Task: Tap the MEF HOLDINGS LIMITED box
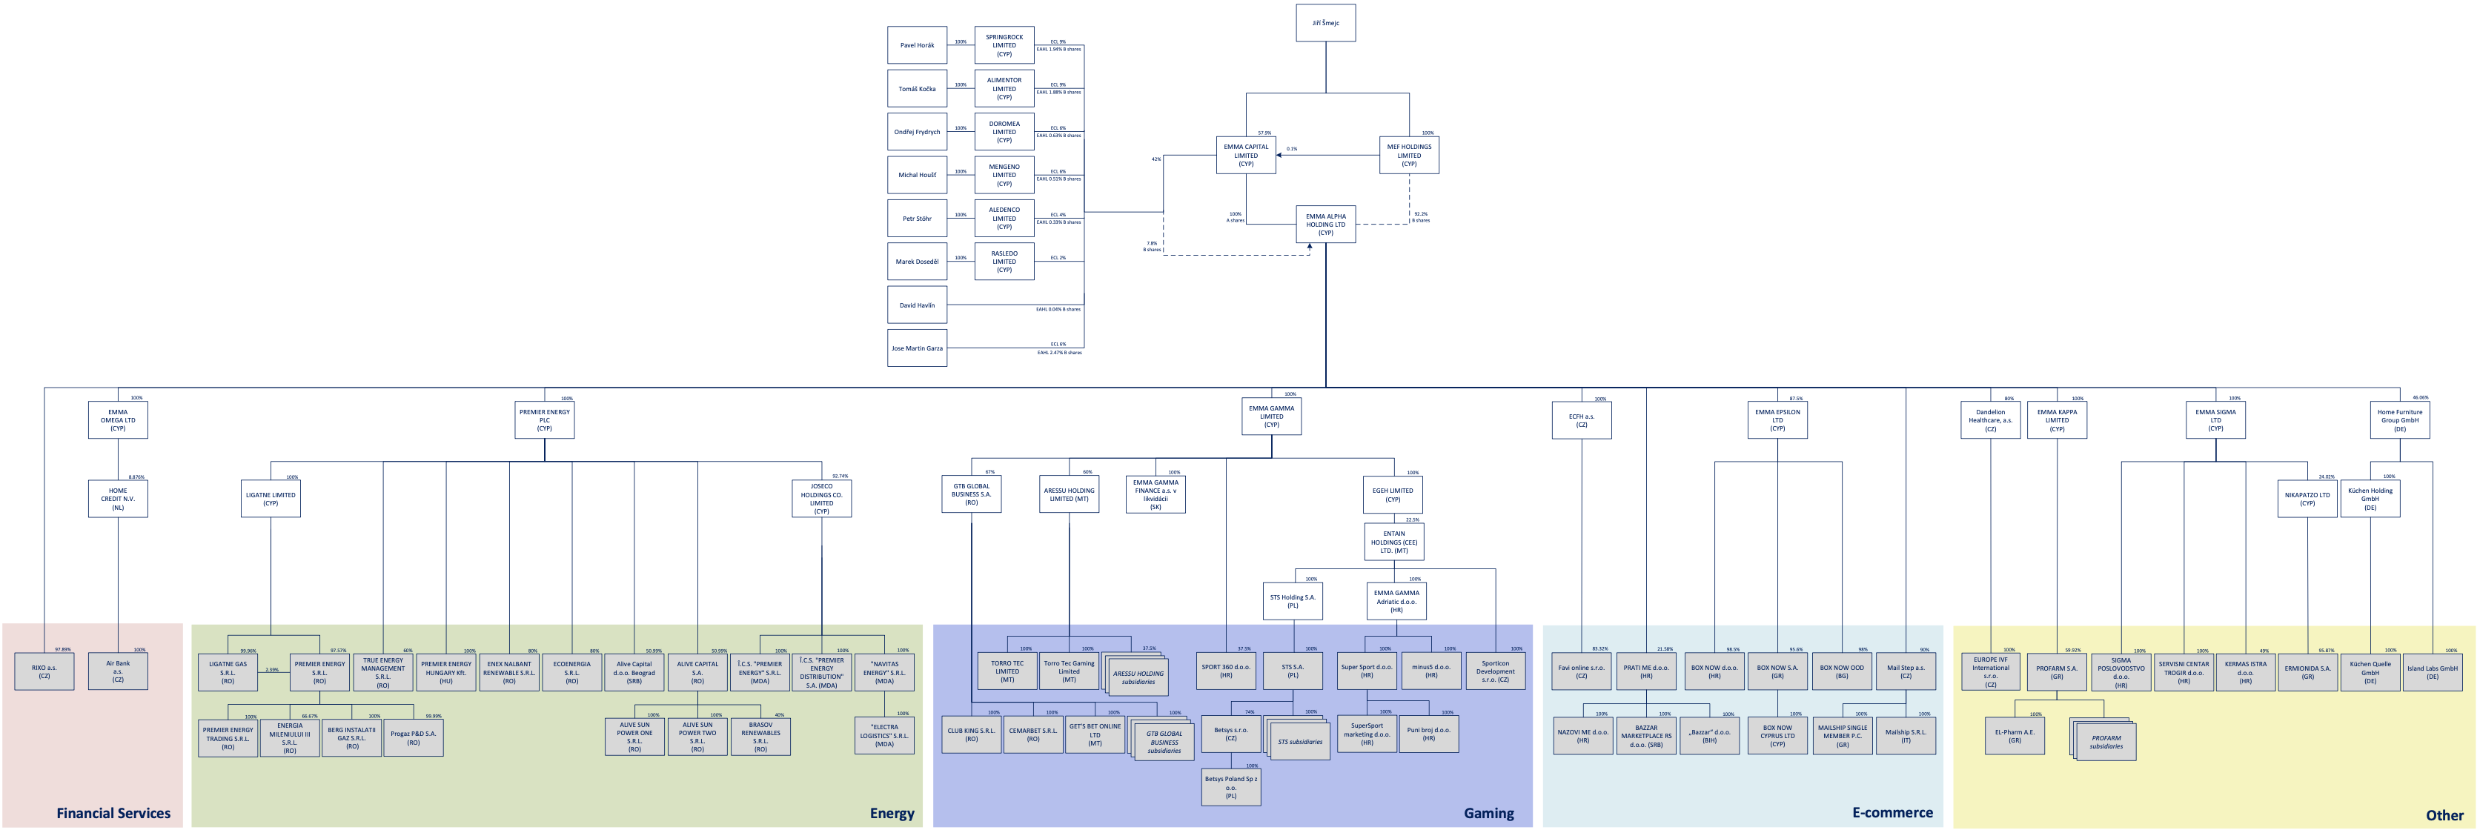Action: [1408, 155]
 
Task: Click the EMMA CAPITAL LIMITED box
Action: [1246, 155]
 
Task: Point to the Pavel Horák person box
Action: [917, 45]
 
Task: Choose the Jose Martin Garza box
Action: [917, 348]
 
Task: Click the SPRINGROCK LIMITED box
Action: [1004, 45]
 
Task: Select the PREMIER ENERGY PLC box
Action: [544, 419]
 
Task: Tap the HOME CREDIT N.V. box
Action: [117, 499]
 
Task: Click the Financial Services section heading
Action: [113, 814]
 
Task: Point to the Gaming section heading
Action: [1488, 814]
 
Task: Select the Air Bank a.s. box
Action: [117, 671]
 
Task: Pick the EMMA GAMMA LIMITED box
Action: [1271, 416]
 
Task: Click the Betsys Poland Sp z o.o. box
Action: [1230, 788]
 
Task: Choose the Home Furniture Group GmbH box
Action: [2399, 419]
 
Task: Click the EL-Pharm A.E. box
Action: [2014, 736]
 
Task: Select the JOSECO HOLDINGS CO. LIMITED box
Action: [821, 499]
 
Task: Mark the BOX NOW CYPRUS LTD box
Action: [1777, 736]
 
